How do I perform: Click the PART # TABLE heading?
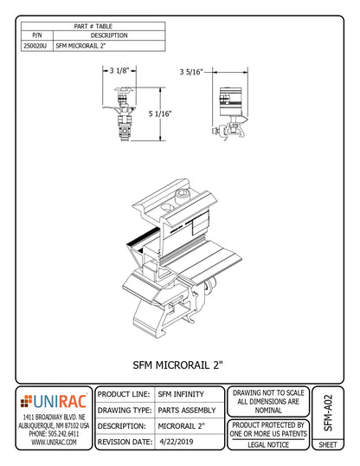point(93,26)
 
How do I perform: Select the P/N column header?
point(36,36)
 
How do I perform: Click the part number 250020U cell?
point(36,46)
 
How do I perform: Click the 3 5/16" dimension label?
point(192,73)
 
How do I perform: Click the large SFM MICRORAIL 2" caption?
point(180,365)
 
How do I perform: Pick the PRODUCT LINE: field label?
point(125,394)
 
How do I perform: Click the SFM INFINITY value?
point(181,394)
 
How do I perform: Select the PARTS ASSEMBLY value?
point(188,410)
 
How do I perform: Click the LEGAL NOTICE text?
point(268,443)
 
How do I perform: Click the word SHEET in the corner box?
point(328,443)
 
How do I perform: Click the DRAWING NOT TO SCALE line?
point(268,393)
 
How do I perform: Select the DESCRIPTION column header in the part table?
point(109,36)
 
